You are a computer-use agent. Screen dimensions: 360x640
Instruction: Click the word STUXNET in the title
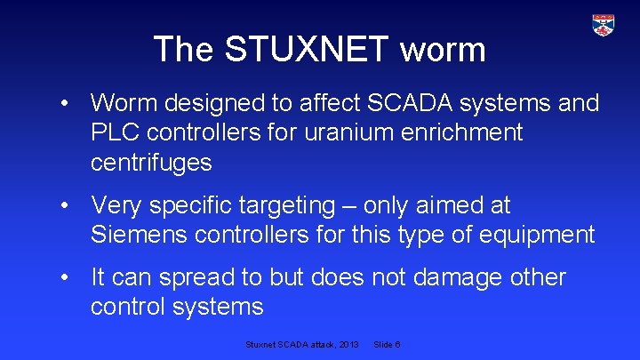click(307, 49)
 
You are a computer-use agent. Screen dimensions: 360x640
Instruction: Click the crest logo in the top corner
click(604, 25)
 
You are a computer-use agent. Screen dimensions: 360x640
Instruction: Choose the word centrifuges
click(151, 162)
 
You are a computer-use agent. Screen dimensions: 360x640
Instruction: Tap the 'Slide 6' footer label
click(388, 344)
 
